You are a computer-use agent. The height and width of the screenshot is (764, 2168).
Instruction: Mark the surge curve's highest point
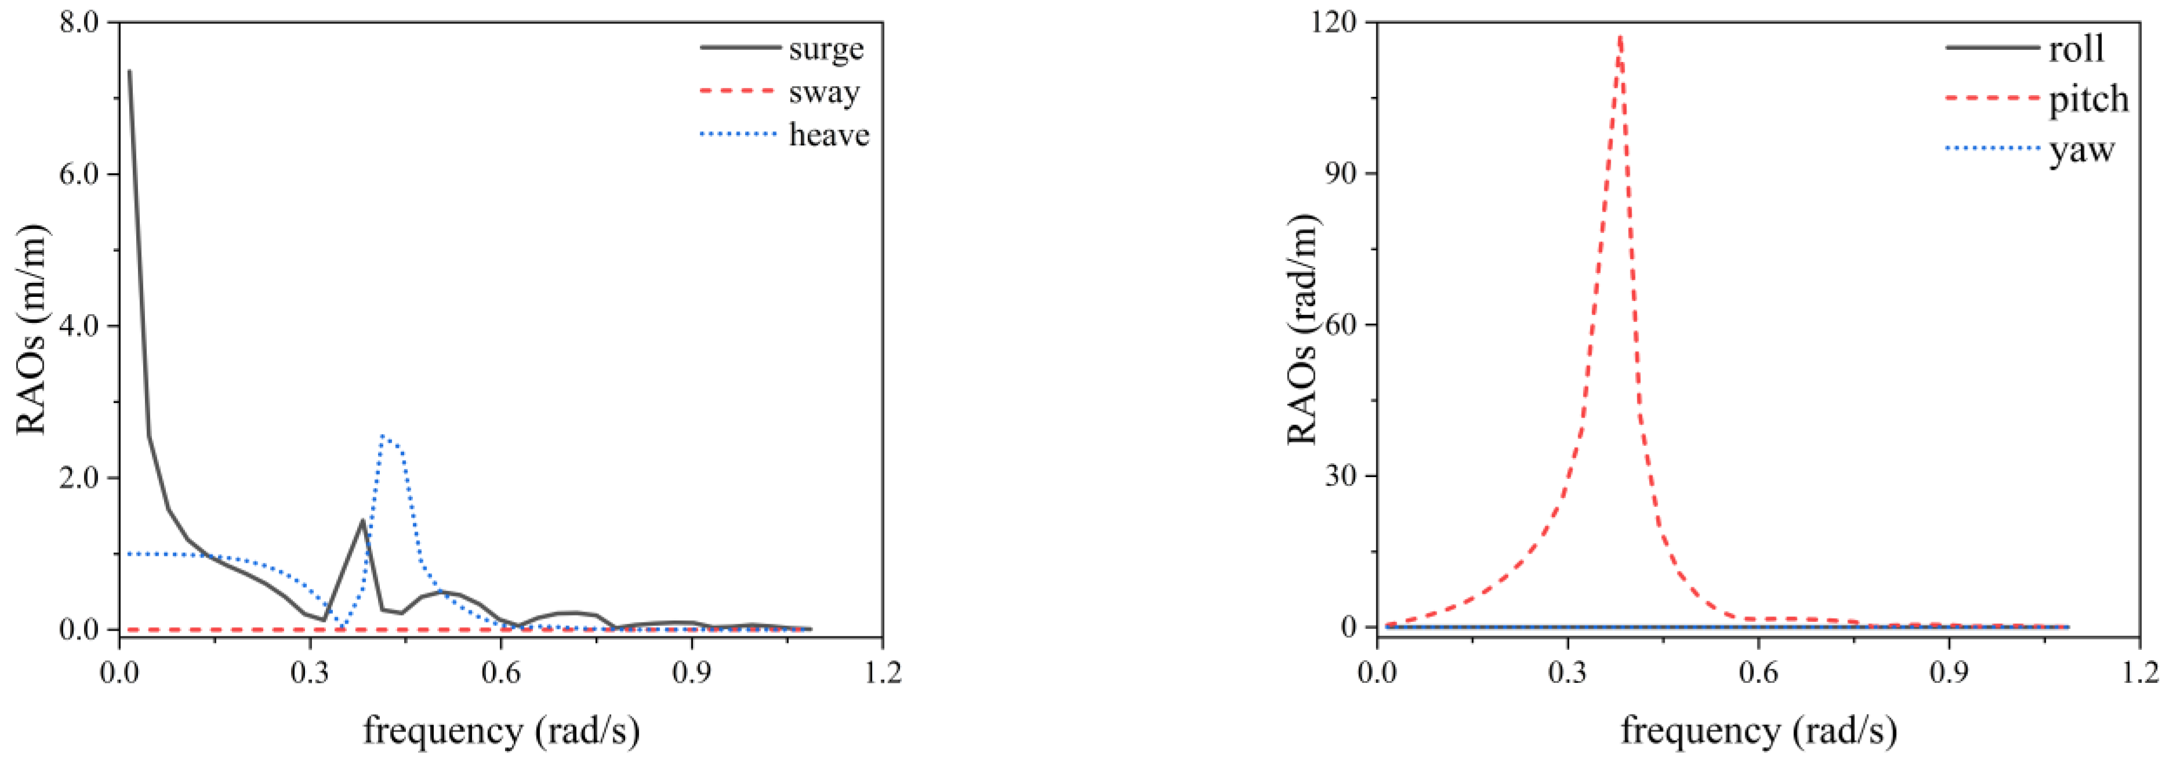(130, 71)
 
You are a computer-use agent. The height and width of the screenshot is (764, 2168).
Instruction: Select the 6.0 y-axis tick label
(81, 173)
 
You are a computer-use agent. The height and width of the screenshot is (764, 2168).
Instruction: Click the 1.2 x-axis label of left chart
(881, 673)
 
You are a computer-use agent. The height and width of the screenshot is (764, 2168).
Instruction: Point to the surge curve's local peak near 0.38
(363, 520)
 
